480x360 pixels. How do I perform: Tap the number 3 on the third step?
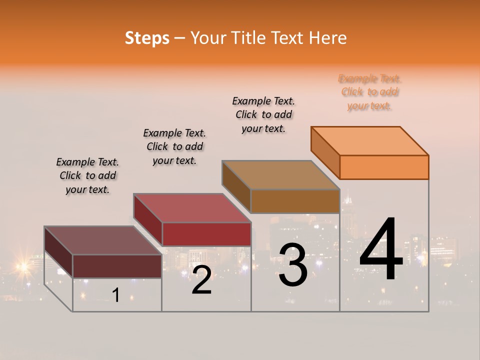pyautogui.click(x=293, y=265)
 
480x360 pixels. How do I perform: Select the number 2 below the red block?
pyautogui.click(x=201, y=280)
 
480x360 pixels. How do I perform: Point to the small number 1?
pyautogui.click(x=116, y=295)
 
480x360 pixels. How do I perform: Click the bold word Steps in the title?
pyautogui.click(x=147, y=38)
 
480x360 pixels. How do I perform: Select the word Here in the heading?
pyautogui.click(x=327, y=38)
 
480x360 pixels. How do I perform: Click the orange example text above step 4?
pyautogui.click(x=369, y=92)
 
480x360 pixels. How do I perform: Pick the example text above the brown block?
pyautogui.click(x=263, y=114)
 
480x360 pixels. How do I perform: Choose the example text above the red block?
pyautogui.click(x=174, y=146)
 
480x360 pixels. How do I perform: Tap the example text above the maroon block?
pyautogui.click(x=87, y=175)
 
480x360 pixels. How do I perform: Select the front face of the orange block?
pyautogui.click(x=384, y=167)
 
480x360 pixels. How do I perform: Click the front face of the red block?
pyautogui.click(x=206, y=234)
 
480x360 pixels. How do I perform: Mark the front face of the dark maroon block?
pyautogui.click(x=117, y=266)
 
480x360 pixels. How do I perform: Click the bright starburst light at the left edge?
pyautogui.click(x=22, y=266)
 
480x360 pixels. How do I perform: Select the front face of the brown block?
pyautogui.click(x=295, y=201)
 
